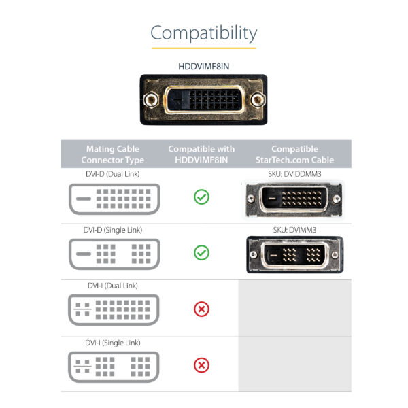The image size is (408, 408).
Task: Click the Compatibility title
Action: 204,33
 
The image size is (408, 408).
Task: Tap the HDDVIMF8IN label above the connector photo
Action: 204,67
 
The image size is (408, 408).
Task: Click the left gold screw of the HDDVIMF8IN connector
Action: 153,100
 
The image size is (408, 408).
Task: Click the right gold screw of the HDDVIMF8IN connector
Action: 256,100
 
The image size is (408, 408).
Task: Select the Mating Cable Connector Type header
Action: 113,154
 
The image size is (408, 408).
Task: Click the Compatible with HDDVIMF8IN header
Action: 201,154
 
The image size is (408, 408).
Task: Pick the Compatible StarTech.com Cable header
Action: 294,154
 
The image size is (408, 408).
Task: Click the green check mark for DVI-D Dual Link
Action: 201,197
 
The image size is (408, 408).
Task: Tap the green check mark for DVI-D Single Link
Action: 201,253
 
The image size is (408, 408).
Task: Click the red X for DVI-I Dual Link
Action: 201,309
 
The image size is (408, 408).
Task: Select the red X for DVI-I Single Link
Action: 201,366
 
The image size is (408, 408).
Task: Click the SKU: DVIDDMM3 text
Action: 294,174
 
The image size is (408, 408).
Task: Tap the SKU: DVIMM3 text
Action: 294,230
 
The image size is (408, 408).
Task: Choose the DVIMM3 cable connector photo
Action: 294,256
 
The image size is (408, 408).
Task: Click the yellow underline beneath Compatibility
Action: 204,48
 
